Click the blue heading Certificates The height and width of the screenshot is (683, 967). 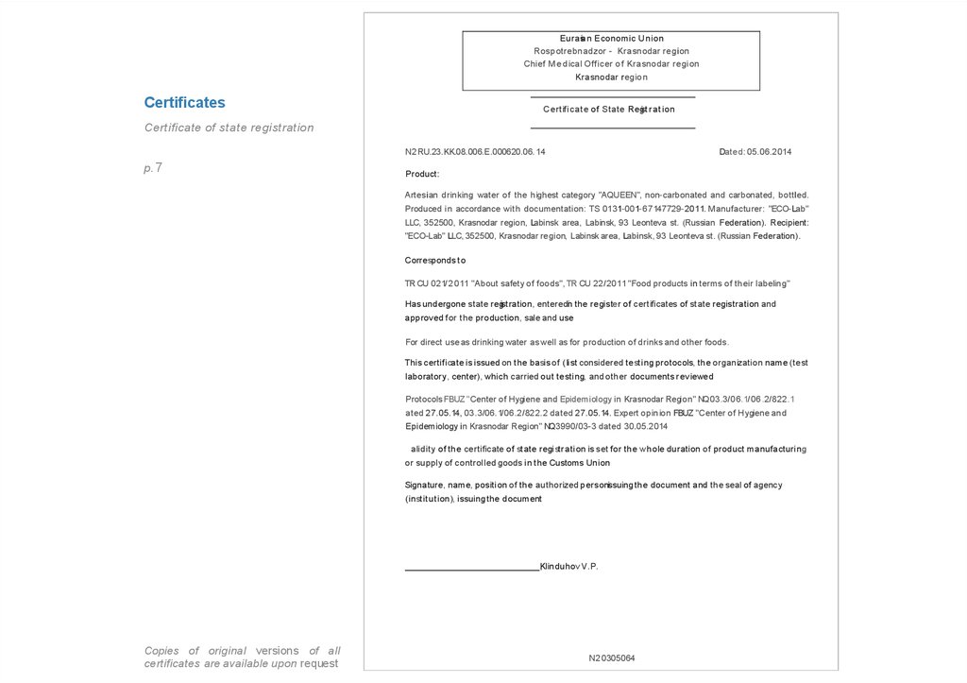(x=184, y=102)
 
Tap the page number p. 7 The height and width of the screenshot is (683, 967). (x=153, y=167)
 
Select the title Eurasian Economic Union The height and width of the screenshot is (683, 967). (x=611, y=38)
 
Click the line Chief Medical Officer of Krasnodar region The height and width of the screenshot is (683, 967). (x=611, y=64)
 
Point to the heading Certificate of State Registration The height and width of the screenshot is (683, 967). (x=609, y=110)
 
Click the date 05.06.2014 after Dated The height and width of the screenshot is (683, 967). (x=769, y=151)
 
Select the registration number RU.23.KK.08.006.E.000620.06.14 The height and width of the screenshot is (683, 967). (x=481, y=151)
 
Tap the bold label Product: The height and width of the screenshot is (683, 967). (x=422, y=174)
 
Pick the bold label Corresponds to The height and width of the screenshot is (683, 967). (x=435, y=260)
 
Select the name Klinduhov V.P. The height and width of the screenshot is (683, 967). (x=568, y=566)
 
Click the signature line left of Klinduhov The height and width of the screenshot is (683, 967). (x=471, y=569)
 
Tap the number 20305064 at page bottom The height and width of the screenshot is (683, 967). (x=615, y=657)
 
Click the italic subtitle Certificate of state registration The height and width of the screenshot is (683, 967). (x=229, y=128)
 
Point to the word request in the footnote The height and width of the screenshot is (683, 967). (x=319, y=663)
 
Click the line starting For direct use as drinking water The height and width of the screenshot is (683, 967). (x=567, y=342)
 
